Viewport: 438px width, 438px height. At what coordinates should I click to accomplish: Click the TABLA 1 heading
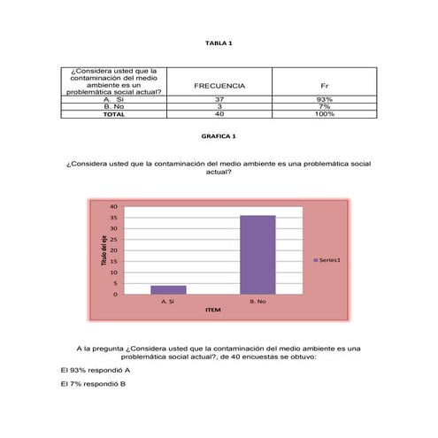(219, 42)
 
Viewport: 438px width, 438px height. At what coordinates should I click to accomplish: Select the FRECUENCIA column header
(219, 85)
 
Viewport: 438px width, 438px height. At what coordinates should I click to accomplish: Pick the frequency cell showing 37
(219, 99)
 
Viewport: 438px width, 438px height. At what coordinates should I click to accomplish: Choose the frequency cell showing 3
(219, 106)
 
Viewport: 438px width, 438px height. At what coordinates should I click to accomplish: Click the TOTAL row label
(113, 113)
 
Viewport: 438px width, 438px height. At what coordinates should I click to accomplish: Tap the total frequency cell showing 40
(219, 113)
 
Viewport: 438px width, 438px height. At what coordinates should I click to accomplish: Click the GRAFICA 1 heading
(219, 137)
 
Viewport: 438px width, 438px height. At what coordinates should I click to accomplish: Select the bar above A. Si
(168, 289)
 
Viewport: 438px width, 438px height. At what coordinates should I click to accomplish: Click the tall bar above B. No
(257, 255)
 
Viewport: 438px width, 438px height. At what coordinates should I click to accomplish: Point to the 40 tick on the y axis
(112, 207)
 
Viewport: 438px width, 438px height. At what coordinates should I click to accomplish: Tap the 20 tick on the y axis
(112, 250)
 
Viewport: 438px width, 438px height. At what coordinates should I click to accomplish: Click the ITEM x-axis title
(212, 311)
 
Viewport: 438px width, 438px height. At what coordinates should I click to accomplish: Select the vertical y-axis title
(102, 251)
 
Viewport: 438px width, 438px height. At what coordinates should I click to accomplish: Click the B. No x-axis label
(257, 301)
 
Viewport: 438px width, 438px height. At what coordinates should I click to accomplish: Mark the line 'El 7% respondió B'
(93, 384)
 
